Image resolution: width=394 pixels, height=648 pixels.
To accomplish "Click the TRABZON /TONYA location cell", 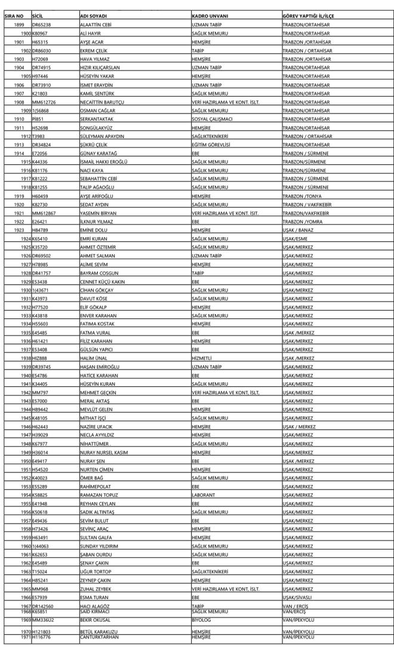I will coord(303,196).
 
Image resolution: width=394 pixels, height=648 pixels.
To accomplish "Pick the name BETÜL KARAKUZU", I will coord(99,631).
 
